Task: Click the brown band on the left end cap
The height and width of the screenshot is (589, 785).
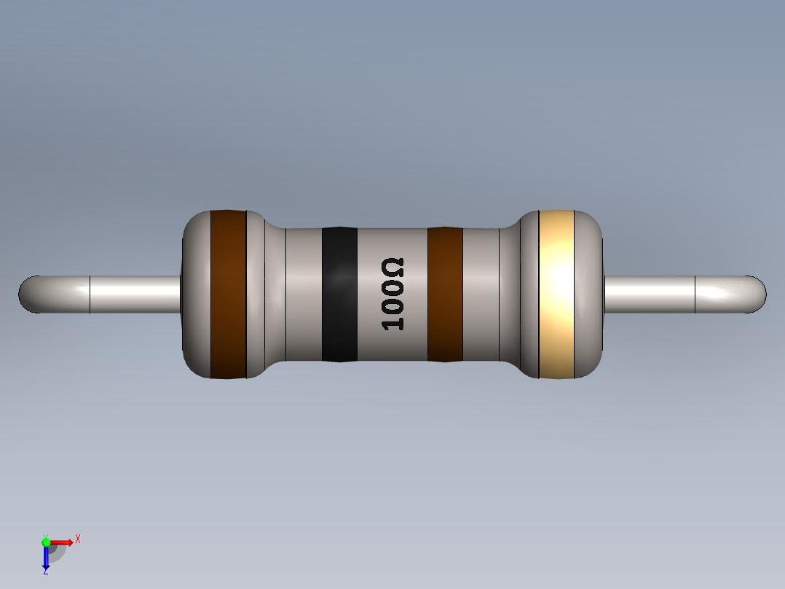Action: click(x=228, y=294)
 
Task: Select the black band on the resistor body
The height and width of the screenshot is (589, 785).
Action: click(x=339, y=294)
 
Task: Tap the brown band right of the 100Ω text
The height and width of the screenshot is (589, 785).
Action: click(x=445, y=294)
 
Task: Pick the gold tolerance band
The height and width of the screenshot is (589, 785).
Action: click(x=557, y=294)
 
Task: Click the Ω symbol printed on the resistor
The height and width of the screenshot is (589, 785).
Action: click(x=393, y=267)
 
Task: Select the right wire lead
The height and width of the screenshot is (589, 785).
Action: click(x=648, y=294)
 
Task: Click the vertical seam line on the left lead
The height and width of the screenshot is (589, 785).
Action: click(x=90, y=294)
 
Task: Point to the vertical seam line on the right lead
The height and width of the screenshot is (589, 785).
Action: click(x=695, y=294)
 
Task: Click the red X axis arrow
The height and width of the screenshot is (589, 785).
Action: click(x=63, y=542)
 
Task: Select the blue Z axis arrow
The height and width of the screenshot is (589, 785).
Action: click(x=46, y=558)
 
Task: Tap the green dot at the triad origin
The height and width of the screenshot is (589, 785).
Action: click(x=46, y=542)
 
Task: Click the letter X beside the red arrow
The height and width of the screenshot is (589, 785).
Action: click(x=77, y=539)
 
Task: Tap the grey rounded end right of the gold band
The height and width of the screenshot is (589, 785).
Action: click(x=590, y=294)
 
